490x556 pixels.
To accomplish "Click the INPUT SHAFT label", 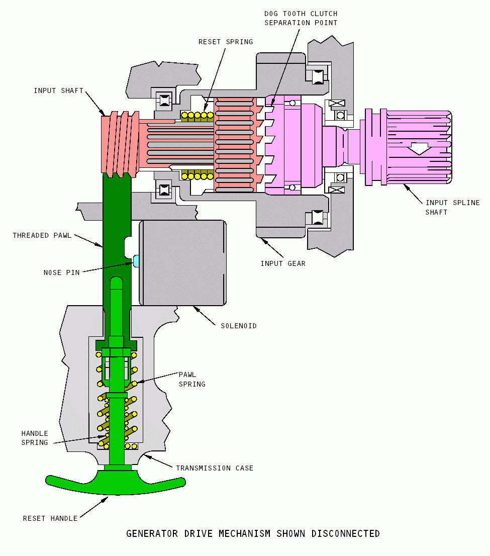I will pyautogui.click(x=58, y=91).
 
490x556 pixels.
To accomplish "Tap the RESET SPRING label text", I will pyautogui.click(x=226, y=42).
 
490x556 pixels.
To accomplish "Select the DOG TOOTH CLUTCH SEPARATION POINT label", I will pyautogui.click(x=301, y=18).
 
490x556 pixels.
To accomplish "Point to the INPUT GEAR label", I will pyautogui.click(x=282, y=263).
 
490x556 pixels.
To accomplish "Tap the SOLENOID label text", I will pyautogui.click(x=239, y=326).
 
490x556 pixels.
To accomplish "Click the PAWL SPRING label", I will pyautogui.click(x=192, y=379).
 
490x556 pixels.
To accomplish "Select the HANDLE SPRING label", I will pyautogui.click(x=35, y=438).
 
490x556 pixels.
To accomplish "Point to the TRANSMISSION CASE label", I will pyautogui.click(x=215, y=468).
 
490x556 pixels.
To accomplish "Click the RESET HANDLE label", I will pyautogui.click(x=50, y=518).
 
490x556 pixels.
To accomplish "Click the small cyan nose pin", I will pyautogui.click(x=136, y=260).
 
